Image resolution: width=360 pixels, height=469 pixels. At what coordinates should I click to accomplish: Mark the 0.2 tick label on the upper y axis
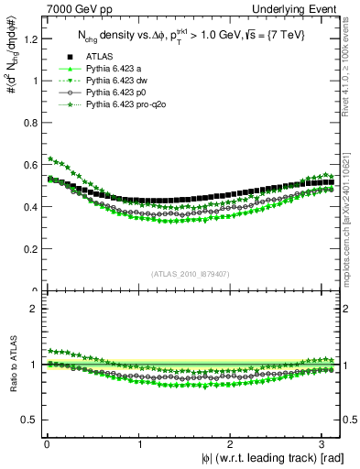(28, 248)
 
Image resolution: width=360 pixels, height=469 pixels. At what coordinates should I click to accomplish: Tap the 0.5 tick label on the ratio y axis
(28, 420)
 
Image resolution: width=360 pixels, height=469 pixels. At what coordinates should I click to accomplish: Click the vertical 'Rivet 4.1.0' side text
(351, 64)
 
